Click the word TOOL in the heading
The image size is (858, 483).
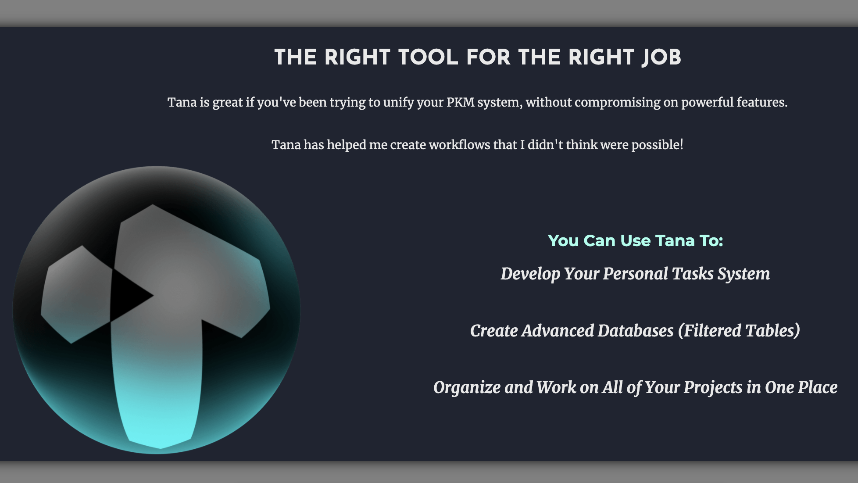(428, 57)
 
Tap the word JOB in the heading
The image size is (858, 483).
(661, 58)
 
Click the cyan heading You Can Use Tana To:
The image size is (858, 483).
(635, 240)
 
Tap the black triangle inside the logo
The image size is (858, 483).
(127, 295)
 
